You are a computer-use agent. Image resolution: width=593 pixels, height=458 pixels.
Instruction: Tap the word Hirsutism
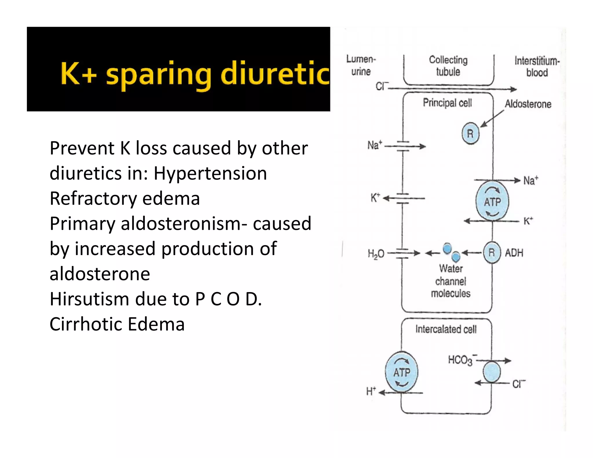click(90, 299)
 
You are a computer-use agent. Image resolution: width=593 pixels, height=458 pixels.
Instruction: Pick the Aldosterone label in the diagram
click(528, 104)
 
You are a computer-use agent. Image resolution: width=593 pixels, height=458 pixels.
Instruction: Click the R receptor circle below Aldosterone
click(470, 133)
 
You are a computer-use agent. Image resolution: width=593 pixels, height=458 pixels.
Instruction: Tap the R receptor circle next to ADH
click(492, 252)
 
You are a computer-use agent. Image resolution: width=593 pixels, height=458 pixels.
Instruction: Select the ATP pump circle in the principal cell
click(492, 202)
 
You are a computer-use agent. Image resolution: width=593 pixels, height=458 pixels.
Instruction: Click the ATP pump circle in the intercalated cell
click(402, 372)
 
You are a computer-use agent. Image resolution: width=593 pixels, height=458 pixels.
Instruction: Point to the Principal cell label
click(447, 103)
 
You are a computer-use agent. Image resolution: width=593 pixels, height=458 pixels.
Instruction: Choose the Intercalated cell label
click(446, 329)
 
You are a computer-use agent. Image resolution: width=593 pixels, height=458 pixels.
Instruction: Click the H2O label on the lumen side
click(376, 254)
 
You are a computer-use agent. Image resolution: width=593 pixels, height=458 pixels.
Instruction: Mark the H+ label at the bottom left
click(371, 391)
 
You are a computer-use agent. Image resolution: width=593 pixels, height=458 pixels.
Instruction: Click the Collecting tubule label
click(448, 66)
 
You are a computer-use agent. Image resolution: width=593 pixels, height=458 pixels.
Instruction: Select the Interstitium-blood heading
click(537, 67)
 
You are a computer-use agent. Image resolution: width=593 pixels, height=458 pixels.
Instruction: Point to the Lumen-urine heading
click(361, 65)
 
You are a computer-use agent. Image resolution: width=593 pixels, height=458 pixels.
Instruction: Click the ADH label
click(514, 253)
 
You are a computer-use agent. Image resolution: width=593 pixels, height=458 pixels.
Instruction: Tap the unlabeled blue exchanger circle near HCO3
click(492, 372)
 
